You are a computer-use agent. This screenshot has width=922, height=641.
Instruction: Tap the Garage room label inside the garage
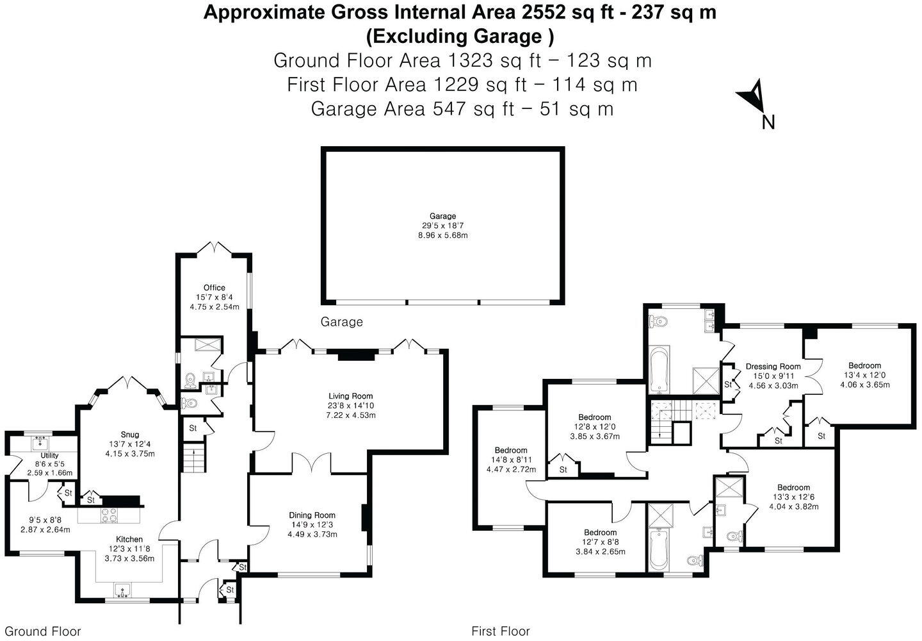442,217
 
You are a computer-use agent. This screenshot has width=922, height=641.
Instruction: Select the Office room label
214,288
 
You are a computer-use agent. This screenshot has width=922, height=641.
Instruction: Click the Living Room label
350,396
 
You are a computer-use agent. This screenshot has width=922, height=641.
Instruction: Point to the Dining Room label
312,515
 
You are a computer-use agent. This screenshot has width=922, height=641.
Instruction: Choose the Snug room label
130,435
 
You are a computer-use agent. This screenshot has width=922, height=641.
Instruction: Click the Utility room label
49,456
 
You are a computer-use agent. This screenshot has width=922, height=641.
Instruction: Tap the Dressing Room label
773,367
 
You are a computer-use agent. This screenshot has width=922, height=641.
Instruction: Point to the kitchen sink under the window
122,590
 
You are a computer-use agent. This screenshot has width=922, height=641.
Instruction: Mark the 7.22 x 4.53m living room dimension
350,415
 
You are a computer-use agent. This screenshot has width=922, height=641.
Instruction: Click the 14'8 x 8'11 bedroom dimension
510,460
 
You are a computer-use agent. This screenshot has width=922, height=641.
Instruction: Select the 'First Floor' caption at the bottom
500,631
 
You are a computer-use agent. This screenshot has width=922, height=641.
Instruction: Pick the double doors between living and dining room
312,463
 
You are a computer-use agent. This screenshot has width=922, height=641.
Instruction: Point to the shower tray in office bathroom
208,345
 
